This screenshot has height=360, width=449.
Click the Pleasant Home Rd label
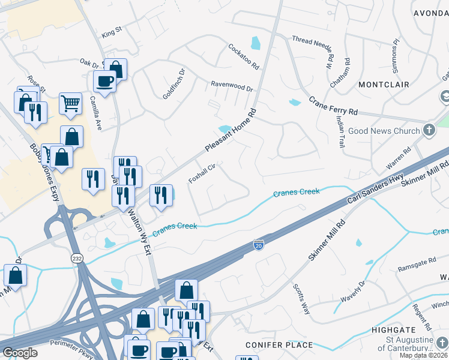pyautogui.click(x=231, y=130)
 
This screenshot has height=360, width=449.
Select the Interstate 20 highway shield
pyautogui.click(x=258, y=246)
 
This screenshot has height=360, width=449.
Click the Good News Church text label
pyautogui.click(x=383, y=131)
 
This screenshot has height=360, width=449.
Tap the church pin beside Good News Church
pyautogui.click(x=429, y=130)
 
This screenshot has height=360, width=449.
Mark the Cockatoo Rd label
pyautogui.click(x=243, y=56)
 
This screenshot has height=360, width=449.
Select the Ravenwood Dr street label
pyautogui.click(x=231, y=87)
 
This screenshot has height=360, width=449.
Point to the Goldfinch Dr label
pyautogui.click(x=175, y=88)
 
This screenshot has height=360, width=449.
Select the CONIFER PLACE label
pyautogui.click(x=279, y=345)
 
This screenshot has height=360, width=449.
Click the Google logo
pyautogui.click(x=20, y=353)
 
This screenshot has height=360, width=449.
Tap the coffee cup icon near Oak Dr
pyautogui.click(x=104, y=82)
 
